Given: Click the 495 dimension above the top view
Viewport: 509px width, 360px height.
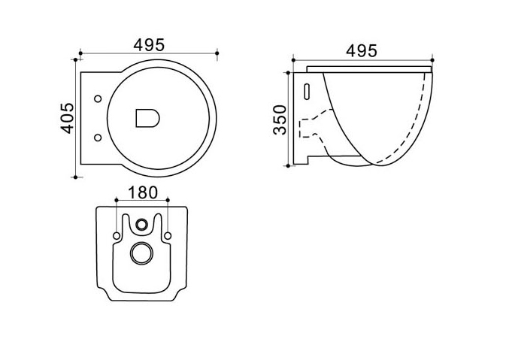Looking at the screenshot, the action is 149,45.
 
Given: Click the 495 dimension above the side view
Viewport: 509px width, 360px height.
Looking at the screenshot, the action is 362,51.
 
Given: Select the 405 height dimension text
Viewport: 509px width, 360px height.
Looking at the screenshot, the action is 68,118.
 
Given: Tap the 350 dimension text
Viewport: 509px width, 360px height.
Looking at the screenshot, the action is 280,119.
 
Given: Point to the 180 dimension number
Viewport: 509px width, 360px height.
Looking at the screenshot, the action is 143,192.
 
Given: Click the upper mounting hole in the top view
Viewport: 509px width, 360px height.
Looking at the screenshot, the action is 98,98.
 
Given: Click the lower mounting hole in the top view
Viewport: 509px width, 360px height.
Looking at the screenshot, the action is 98,138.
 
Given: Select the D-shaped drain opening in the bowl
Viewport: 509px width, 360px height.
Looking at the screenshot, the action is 147,118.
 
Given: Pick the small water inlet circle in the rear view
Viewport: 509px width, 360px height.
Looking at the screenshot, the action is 141,224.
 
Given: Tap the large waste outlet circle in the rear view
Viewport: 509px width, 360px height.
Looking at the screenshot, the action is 141,253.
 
